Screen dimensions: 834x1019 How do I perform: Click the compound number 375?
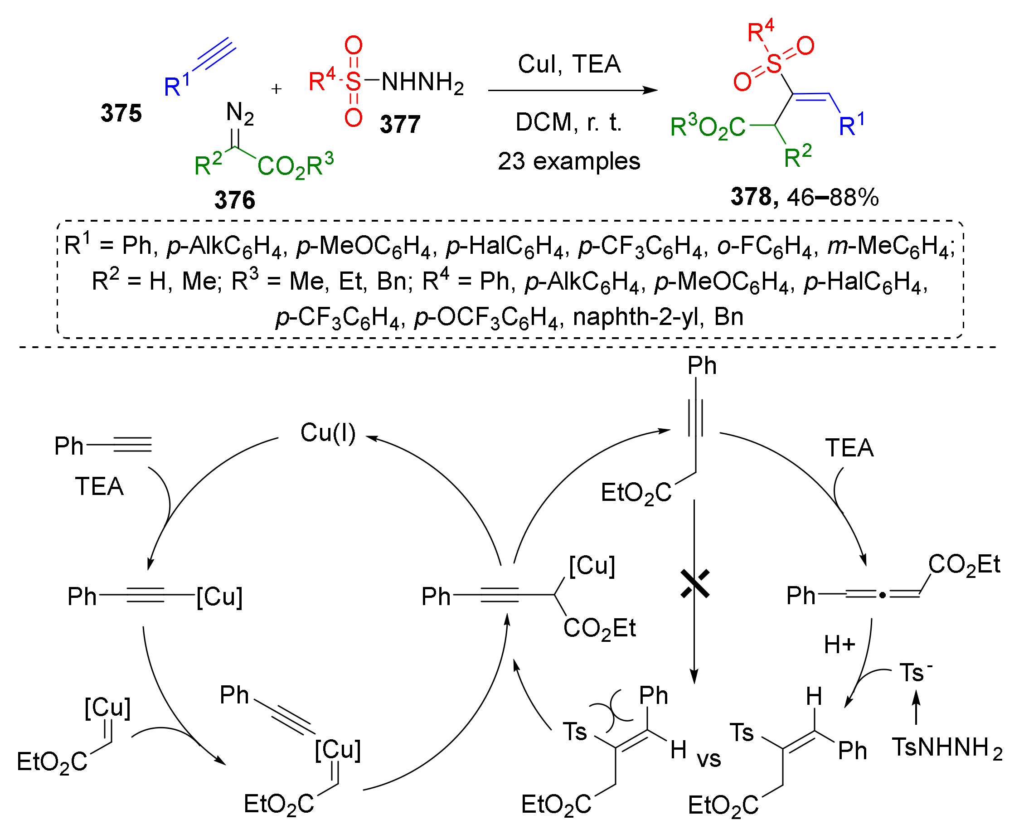(x=121, y=113)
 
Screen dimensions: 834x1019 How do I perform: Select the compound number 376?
(x=234, y=200)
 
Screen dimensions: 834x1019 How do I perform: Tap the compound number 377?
(x=400, y=125)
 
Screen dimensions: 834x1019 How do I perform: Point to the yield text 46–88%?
(x=832, y=198)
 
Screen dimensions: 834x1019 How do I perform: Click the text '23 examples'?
(x=569, y=161)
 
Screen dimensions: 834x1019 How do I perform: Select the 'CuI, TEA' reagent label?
(x=569, y=64)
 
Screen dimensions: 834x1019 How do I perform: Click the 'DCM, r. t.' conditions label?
(x=569, y=122)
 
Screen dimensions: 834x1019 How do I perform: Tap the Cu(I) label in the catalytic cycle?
(x=328, y=432)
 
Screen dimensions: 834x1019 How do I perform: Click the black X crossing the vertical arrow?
(x=695, y=584)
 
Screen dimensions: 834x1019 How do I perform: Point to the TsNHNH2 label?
(x=947, y=747)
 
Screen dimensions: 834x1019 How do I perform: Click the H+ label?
(x=839, y=645)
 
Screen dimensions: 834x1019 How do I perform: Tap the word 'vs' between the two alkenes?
(x=708, y=759)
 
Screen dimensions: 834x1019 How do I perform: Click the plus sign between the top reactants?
(x=276, y=89)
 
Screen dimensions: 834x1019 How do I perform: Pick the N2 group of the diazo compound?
(x=240, y=113)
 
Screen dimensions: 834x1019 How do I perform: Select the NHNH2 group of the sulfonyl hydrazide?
(x=422, y=82)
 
